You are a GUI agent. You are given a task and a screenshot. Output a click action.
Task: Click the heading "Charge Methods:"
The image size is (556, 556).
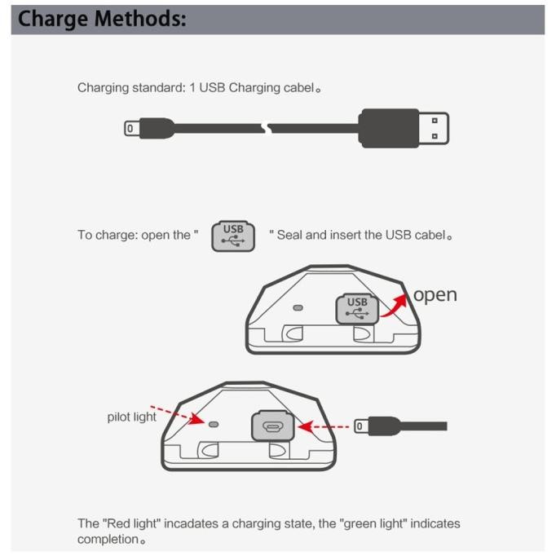point(102,19)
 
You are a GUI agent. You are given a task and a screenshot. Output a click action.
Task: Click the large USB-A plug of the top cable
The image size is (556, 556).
point(404,128)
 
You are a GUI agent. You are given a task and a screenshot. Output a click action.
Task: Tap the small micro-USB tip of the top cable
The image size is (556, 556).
point(130,128)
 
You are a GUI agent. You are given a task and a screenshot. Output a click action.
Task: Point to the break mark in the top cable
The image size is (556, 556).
point(267,128)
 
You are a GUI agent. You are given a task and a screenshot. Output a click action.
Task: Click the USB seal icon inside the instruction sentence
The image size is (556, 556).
point(233,236)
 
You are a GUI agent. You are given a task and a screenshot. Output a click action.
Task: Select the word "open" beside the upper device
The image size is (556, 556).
point(435,295)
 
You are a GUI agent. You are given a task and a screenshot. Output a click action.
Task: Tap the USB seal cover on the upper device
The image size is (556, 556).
point(357,309)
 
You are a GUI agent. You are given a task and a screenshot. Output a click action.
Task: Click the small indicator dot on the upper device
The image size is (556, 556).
point(298,308)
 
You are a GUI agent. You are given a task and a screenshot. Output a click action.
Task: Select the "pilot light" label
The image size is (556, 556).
point(131,417)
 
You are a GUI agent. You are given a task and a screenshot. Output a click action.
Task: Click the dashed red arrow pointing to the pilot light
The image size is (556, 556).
point(177,415)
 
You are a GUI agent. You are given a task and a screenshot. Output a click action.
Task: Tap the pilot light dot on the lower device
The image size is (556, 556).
point(214,424)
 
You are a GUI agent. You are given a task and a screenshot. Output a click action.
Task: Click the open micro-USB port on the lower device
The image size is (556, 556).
point(272,426)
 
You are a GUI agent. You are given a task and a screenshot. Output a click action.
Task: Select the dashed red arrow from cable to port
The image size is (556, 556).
point(324,426)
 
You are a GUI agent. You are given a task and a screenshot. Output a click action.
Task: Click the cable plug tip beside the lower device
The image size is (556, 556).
point(360,426)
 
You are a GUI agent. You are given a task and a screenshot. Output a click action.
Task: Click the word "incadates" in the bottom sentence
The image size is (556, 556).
point(191,523)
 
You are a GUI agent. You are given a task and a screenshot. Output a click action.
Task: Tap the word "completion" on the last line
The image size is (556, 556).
point(108,540)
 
